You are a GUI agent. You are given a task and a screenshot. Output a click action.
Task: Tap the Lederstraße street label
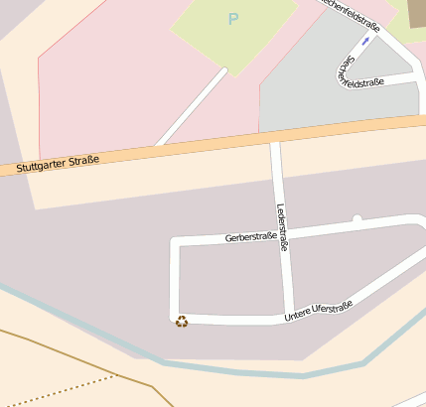pos(282,226)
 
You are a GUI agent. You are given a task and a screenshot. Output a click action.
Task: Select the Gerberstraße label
pos(250,237)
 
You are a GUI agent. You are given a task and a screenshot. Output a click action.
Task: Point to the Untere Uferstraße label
pos(319,311)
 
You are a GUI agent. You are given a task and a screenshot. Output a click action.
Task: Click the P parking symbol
pos(233,19)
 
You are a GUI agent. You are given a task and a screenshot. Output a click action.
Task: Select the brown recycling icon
pos(182,321)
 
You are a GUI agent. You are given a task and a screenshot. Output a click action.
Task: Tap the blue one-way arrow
pos(365,42)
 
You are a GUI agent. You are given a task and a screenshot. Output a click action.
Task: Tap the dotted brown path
pos(60,392)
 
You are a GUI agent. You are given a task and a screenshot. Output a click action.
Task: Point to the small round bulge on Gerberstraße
pos(356,217)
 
